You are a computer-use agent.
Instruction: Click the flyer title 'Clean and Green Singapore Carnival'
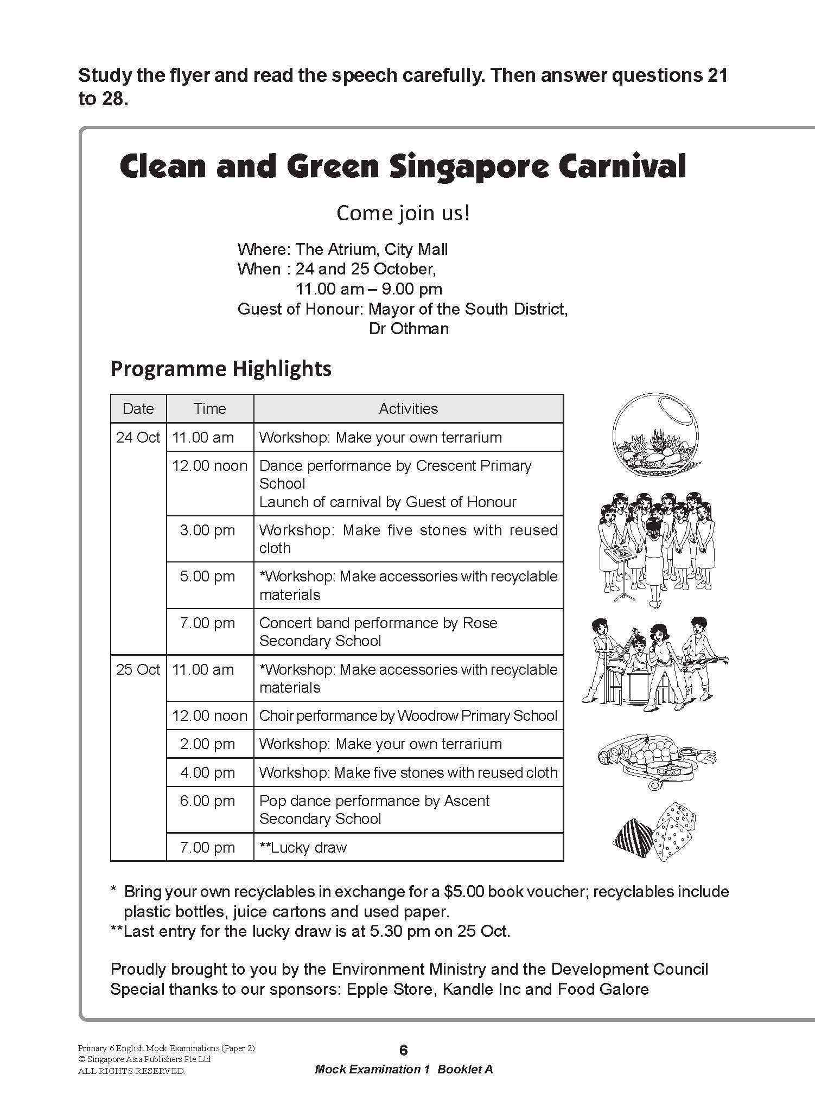[402, 166]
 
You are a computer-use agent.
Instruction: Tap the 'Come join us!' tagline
[403, 213]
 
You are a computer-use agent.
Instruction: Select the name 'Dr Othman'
[409, 329]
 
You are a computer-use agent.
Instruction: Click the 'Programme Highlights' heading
[221, 369]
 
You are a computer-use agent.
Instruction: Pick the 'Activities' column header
[408, 408]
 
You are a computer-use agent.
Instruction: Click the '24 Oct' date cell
[138, 437]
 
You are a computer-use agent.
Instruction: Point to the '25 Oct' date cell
[138, 669]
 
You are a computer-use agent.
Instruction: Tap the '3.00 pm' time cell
[207, 530]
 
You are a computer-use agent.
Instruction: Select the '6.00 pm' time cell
[207, 801]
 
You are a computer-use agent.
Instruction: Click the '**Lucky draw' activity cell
[303, 847]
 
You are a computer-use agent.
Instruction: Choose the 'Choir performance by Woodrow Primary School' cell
[408, 715]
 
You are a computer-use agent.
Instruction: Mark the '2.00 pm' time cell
[207, 744]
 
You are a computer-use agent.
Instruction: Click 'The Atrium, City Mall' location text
[372, 250]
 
